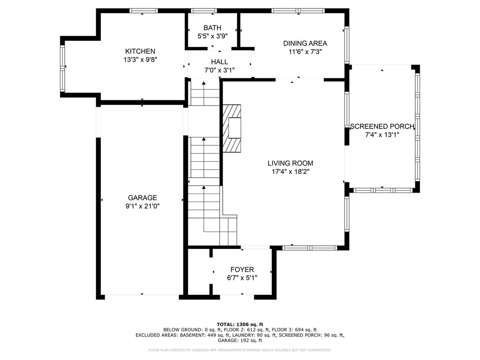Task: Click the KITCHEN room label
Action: (140, 51)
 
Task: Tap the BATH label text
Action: (212, 28)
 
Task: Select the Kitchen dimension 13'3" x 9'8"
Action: (140, 60)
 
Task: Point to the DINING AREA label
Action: (305, 44)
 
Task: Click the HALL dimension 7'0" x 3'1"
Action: (219, 70)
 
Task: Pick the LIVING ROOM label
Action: (290, 163)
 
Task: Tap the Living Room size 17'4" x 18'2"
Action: (290, 172)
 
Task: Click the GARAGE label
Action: (142, 198)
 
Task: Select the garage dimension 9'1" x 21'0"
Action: (142, 206)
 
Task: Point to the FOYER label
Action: (242, 270)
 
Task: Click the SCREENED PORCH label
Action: (382, 127)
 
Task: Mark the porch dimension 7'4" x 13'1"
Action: (382, 135)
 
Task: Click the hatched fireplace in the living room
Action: (232, 128)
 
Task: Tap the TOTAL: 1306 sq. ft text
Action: (240, 324)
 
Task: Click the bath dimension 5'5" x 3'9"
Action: (212, 36)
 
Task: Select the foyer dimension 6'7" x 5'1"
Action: (242, 278)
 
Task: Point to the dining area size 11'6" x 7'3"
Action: (305, 52)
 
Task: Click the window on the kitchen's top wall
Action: (143, 11)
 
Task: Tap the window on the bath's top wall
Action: (203, 11)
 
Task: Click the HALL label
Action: (219, 62)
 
